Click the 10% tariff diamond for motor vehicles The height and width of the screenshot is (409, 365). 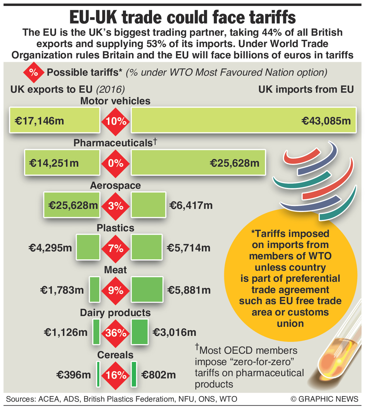pyautogui.click(x=116, y=121)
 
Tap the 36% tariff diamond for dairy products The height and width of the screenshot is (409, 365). pyautogui.click(x=116, y=333)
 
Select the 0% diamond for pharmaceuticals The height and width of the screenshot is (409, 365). pyautogui.click(x=116, y=164)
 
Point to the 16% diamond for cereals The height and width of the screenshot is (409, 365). pyautogui.click(x=116, y=375)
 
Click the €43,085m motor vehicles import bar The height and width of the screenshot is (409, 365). pyautogui.click(x=244, y=120)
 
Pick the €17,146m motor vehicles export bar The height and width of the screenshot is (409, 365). pyautogui.click(x=55, y=120)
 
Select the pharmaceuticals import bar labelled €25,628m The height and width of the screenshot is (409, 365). pyautogui.click(x=198, y=162)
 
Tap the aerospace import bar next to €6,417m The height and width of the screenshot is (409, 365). pyautogui.click(x=148, y=205)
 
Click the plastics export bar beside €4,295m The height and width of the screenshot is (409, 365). pyautogui.click(x=88, y=247)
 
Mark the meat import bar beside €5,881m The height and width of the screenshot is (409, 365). pyautogui.click(x=147, y=289)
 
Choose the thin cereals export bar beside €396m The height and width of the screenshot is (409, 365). pyautogui.click(x=98, y=374)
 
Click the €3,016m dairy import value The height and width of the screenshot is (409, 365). pyautogui.click(x=174, y=332)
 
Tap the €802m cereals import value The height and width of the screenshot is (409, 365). pyautogui.click(x=159, y=375)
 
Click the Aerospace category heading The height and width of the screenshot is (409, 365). pyautogui.click(x=116, y=185)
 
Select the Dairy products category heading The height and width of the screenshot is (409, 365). pyautogui.click(x=115, y=313)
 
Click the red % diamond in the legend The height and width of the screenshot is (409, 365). pyautogui.click(x=34, y=73)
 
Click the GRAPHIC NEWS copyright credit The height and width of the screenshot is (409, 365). pyautogui.click(x=325, y=399)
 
